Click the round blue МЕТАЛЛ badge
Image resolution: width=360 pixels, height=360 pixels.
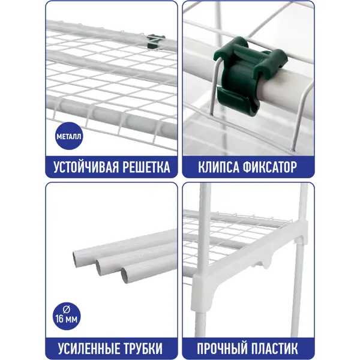coord(69,136)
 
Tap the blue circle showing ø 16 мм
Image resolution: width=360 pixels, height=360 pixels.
coord(67,316)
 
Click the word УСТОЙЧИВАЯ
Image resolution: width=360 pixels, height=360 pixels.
coord(86,167)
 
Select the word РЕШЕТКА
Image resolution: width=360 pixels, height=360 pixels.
coord(146,167)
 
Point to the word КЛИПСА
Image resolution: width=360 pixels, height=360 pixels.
coord(219,167)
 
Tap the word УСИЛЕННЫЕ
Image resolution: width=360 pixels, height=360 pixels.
coord(88,349)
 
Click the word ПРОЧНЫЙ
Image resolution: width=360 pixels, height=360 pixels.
coord(221,349)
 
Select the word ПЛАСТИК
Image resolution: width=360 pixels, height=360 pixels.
coord(273,349)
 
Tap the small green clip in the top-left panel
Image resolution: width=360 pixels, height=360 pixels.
coord(155,41)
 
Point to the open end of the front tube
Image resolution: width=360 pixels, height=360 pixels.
coord(125,275)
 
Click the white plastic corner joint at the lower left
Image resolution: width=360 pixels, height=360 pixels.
coord(202,292)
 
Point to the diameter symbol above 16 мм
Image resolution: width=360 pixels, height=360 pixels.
coord(67,310)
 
